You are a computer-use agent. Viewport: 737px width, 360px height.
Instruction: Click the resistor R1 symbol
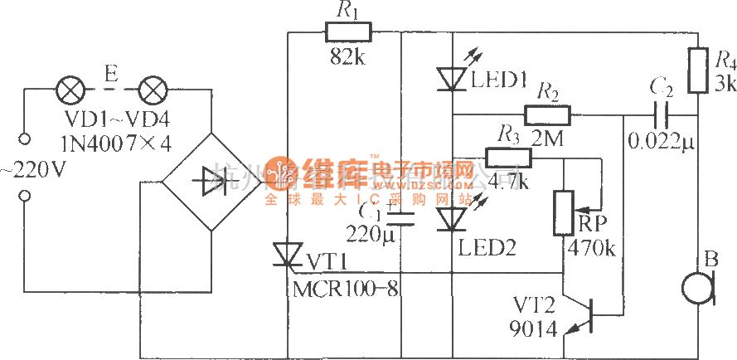pos(348,32)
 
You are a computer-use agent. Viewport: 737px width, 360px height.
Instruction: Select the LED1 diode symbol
pos(453,78)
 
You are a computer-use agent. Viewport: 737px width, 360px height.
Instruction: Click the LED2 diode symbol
pos(453,219)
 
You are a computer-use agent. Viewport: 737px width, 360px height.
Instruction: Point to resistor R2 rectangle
pos(547,114)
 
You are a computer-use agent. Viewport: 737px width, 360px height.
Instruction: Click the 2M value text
pos(546,140)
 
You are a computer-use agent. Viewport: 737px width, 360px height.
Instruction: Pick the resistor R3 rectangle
pos(508,158)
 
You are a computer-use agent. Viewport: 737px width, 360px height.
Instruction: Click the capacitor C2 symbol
pos(662,115)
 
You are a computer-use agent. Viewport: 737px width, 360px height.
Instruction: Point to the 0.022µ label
pos(660,141)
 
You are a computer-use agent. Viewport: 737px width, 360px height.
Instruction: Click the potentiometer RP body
pos(564,212)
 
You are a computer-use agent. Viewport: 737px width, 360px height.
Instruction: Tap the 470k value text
pos(591,248)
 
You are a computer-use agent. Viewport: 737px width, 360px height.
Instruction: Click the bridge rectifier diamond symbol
pos(211,178)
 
